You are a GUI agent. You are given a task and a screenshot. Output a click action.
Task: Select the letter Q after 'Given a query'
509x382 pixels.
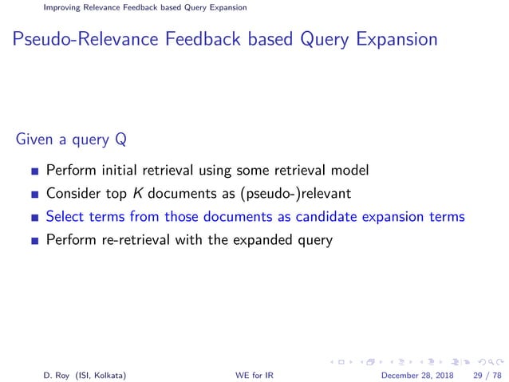(x=119, y=141)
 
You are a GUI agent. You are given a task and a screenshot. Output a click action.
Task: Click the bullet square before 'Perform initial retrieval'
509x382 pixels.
(x=34, y=171)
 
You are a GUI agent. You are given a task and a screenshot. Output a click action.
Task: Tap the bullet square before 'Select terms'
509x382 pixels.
(x=34, y=217)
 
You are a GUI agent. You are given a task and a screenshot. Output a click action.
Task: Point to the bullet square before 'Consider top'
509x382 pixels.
(x=34, y=194)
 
